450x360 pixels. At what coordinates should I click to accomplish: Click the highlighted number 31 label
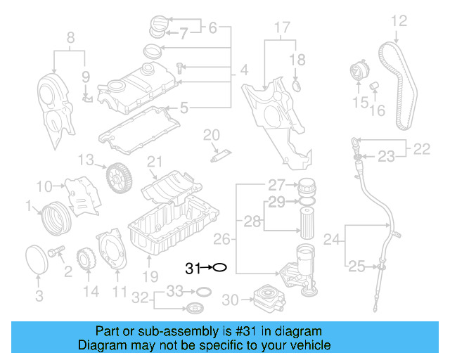pos(193,268)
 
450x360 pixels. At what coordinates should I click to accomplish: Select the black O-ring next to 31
pos(219,268)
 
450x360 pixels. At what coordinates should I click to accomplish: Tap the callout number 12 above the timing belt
pos(399,20)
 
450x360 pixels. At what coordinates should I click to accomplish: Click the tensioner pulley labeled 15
pos(360,75)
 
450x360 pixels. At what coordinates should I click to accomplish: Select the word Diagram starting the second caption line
pos(103,345)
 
